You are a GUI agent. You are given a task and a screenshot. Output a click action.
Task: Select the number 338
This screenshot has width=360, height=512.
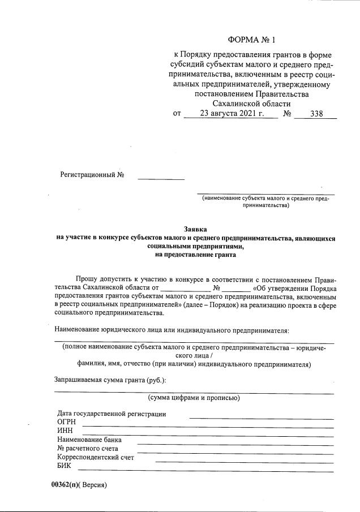316,114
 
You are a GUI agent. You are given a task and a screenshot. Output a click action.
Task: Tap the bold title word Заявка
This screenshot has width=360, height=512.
195,229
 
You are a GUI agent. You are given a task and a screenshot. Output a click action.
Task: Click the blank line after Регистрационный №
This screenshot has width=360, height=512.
161,179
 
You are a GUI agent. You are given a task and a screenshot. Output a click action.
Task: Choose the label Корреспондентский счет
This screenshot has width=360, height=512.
96,458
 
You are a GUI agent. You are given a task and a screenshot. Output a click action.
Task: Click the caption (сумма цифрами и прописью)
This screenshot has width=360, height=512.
194,398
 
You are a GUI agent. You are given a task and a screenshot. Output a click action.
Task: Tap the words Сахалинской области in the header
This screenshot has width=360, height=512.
251,104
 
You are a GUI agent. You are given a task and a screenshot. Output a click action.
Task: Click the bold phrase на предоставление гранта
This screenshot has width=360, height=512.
195,255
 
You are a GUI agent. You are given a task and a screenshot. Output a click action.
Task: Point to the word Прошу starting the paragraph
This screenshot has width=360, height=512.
88,279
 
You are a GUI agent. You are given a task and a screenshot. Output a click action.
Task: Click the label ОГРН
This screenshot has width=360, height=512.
67,422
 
